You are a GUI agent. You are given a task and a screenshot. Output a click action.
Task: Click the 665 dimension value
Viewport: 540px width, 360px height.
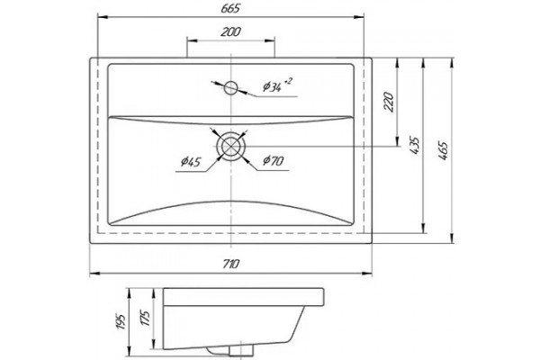(230, 9)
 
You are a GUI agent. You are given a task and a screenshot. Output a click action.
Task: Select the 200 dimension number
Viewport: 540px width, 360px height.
(230, 31)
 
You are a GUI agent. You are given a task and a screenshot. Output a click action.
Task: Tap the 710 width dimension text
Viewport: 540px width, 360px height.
(230, 264)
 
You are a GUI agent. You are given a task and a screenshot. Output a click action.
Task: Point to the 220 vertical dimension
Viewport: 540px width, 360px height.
(389, 102)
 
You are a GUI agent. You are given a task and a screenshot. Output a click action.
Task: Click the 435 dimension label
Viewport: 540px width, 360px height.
(415, 146)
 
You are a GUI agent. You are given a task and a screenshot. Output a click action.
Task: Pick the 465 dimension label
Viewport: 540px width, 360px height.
(443, 150)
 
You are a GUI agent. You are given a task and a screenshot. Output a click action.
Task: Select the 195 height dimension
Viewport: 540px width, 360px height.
(121, 321)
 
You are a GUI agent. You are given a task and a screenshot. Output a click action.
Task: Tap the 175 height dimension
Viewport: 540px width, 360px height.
(145, 319)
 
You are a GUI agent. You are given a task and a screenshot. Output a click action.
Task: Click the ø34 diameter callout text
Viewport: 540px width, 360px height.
(272, 86)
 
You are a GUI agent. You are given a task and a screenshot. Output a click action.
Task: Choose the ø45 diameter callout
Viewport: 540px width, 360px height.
(191, 162)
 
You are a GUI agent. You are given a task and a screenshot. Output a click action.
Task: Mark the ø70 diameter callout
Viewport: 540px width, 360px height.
(273, 160)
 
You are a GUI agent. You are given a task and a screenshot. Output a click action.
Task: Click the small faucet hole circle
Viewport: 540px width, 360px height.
(230, 88)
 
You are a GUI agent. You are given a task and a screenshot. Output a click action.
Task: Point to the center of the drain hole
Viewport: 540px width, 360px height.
(230, 147)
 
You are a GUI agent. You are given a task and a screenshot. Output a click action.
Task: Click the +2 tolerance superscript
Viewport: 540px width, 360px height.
(288, 81)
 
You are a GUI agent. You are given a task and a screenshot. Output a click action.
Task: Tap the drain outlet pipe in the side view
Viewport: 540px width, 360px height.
(240, 351)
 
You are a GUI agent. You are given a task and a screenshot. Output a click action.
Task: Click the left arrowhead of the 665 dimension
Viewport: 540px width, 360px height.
(103, 16)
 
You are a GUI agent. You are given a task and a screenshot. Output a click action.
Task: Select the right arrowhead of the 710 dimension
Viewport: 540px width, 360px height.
(367, 274)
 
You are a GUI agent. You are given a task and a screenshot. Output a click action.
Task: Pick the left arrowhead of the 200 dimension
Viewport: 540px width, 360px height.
(192, 40)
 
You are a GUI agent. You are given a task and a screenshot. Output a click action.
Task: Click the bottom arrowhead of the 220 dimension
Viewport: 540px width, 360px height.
(398, 141)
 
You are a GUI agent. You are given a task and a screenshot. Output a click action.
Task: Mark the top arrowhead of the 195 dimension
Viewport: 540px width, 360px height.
(129, 293)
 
